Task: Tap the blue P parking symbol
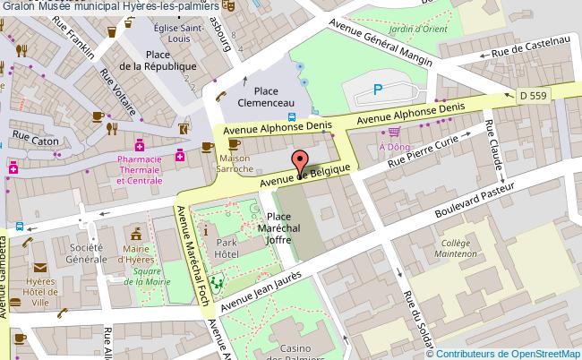(x=378, y=90)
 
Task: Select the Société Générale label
(x=86, y=253)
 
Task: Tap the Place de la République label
(x=158, y=61)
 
